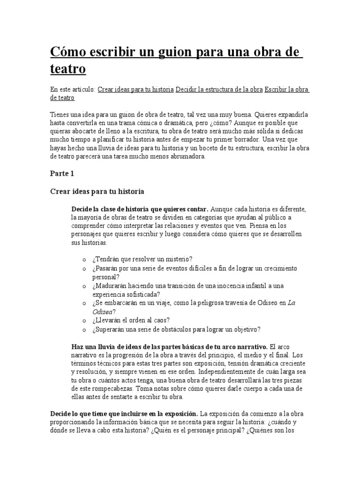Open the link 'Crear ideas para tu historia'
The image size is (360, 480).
click(x=135, y=89)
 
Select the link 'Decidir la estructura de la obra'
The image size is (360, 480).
click(x=218, y=89)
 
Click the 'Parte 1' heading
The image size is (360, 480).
click(x=62, y=173)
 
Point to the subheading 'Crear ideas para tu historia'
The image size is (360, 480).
click(x=97, y=191)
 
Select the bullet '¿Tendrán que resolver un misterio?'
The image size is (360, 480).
click(x=142, y=259)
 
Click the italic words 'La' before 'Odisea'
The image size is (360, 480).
click(x=291, y=303)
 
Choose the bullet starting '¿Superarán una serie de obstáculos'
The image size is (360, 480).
click(x=176, y=330)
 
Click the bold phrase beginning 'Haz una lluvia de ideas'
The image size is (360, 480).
click(x=169, y=347)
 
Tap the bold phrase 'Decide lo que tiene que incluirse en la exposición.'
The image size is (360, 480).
click(x=124, y=413)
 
